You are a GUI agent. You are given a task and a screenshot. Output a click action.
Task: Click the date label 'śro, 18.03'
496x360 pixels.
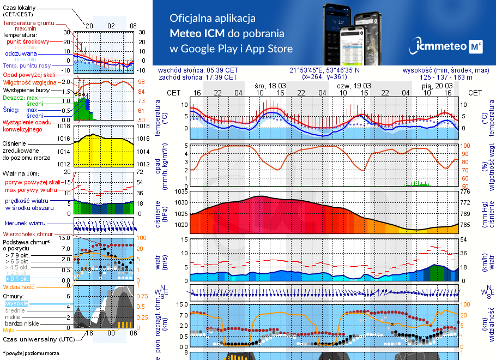click(270, 86)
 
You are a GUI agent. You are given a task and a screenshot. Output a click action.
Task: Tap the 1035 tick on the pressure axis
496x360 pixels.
click(180, 192)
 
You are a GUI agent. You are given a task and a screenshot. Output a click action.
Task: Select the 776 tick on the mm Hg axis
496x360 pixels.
click(465, 192)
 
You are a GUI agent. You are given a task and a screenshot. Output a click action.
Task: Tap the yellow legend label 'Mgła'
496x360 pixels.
click(9, 330)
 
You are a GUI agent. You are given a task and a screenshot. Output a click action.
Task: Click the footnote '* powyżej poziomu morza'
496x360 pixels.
click(31, 353)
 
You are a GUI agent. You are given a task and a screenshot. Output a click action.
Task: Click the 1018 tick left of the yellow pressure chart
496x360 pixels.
click(64, 126)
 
